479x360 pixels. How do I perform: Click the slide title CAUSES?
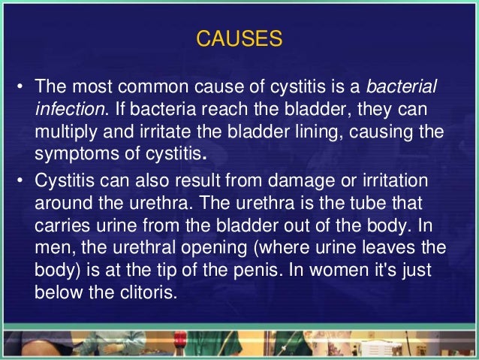[x=239, y=38]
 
